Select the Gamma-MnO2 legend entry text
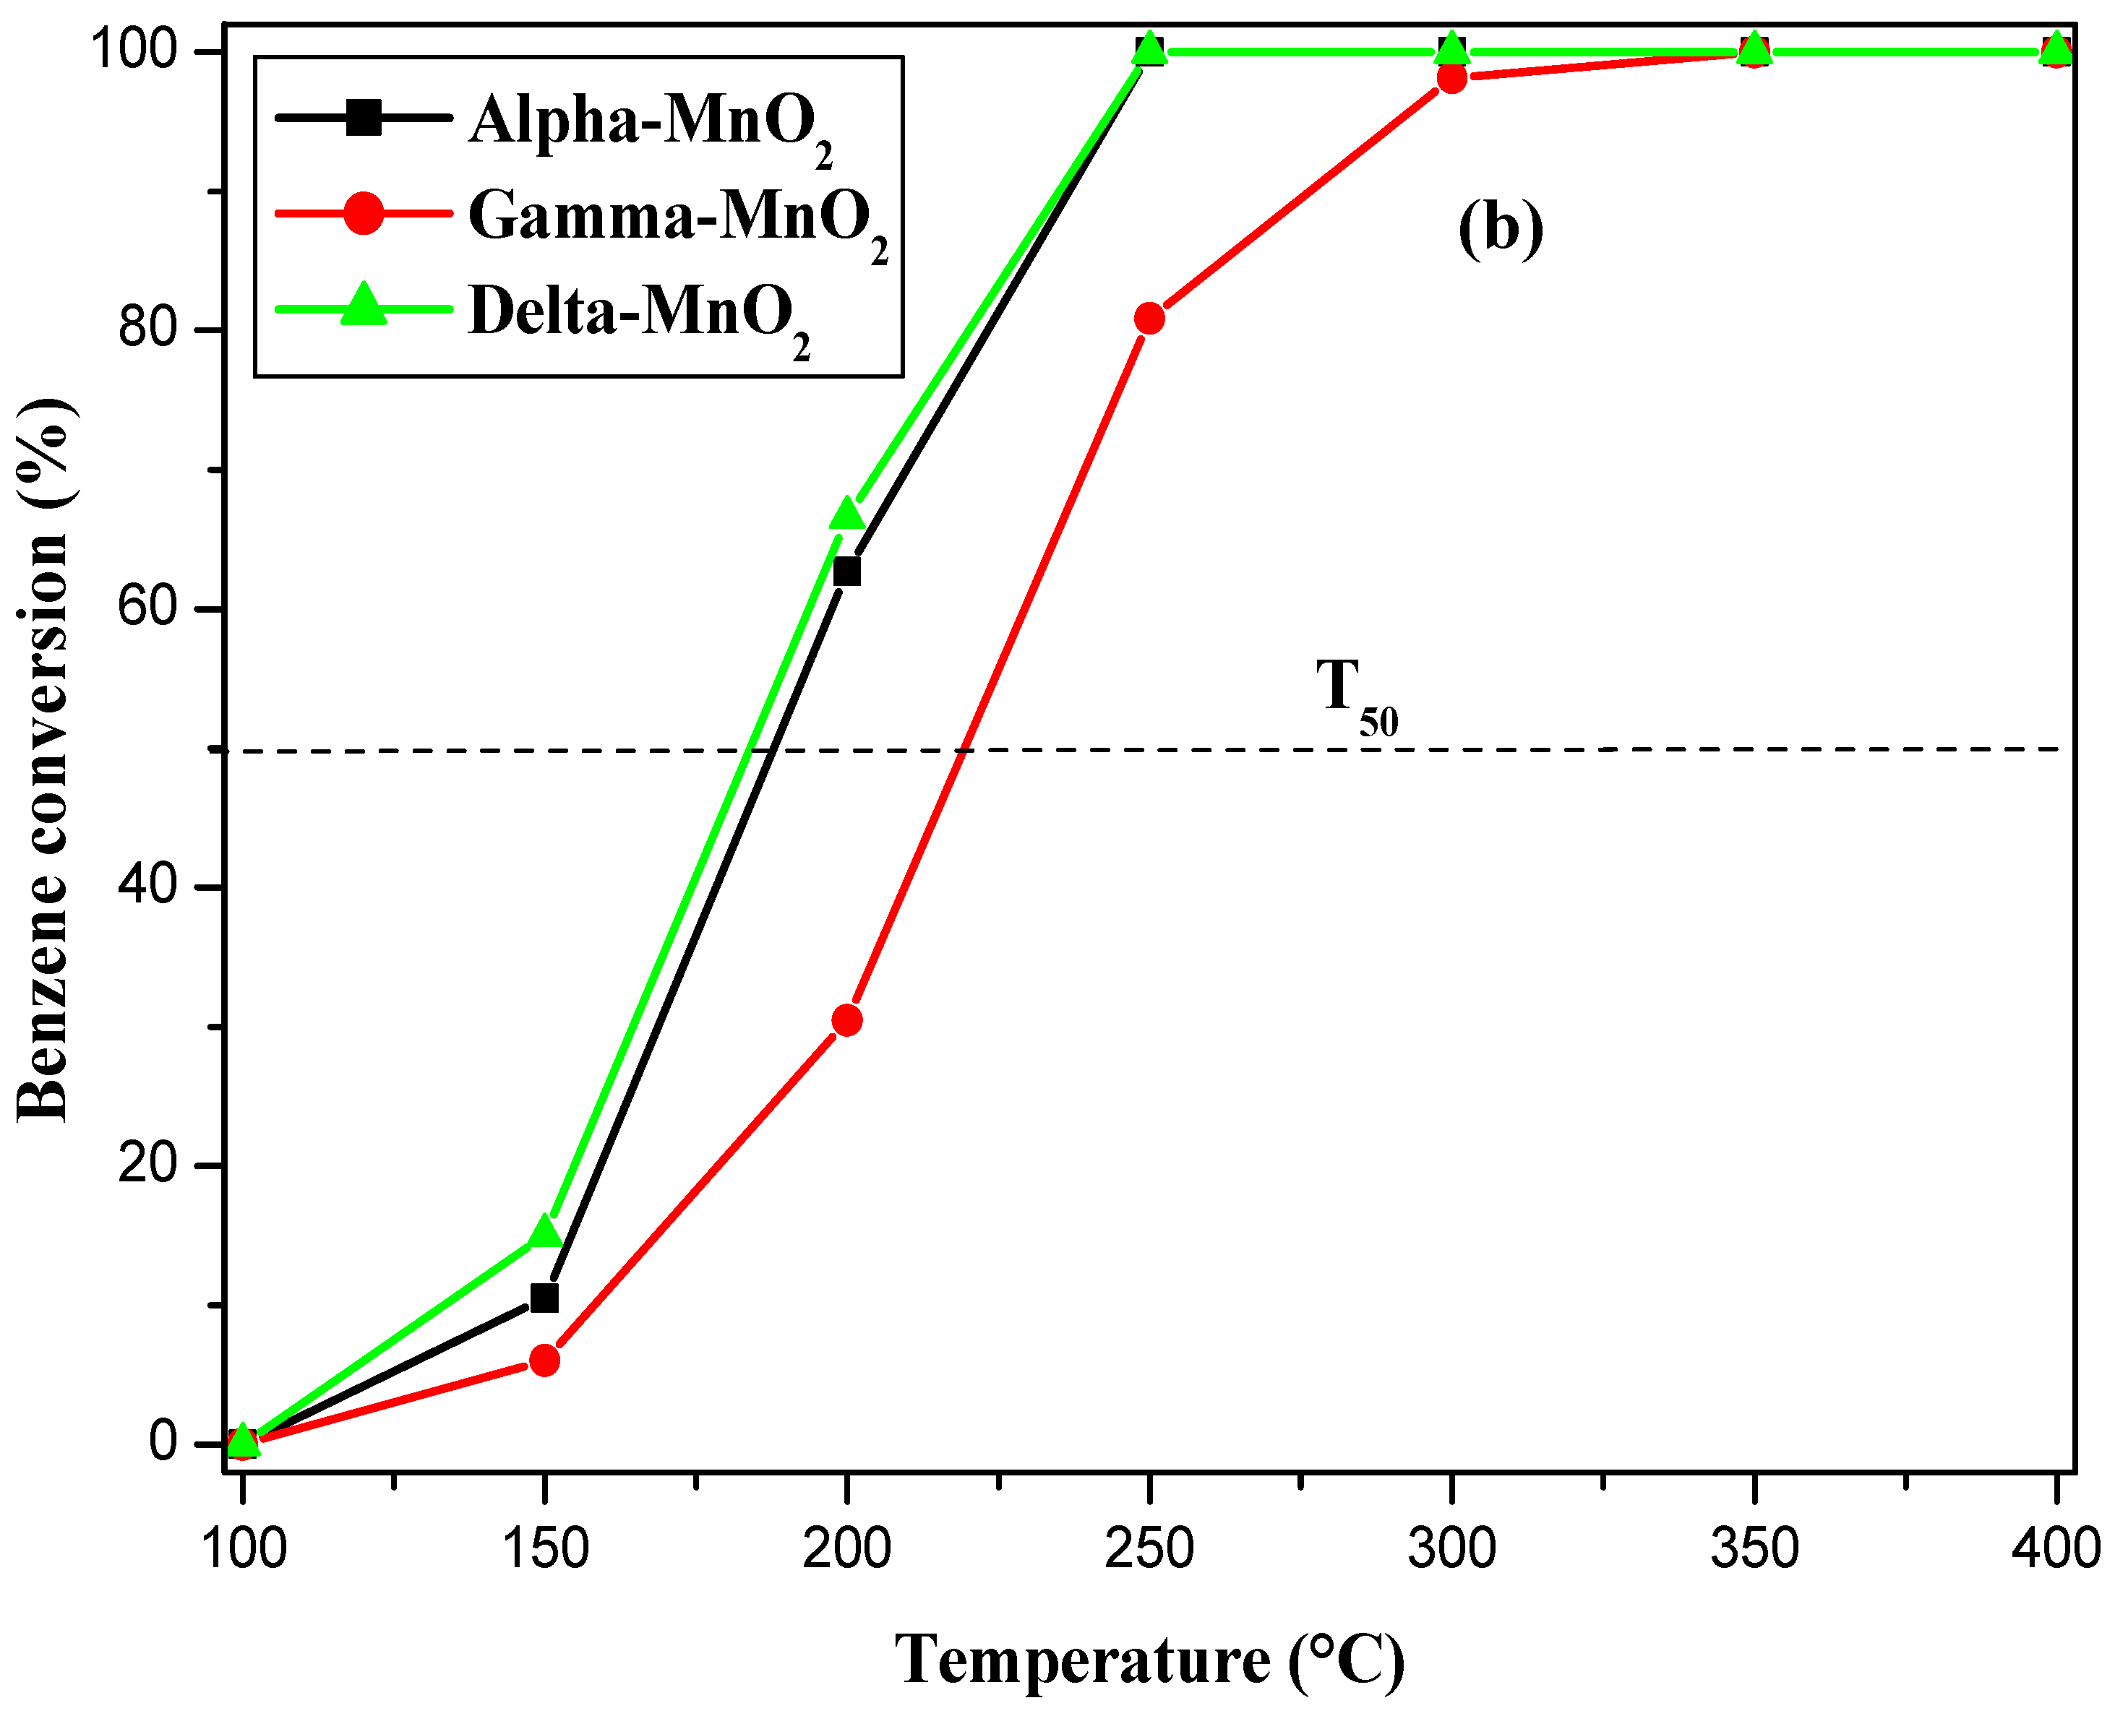coord(677,217)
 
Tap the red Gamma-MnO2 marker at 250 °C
coord(1149,319)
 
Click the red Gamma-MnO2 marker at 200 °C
coord(846,1020)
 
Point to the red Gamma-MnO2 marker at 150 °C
coord(544,1361)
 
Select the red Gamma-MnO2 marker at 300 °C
coord(1451,77)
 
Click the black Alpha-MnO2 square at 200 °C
coord(847,572)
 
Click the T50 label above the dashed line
coord(1355,697)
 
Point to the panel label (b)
coord(1500,229)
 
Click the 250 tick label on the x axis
coord(1149,1549)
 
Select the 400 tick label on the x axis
coord(2056,1549)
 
